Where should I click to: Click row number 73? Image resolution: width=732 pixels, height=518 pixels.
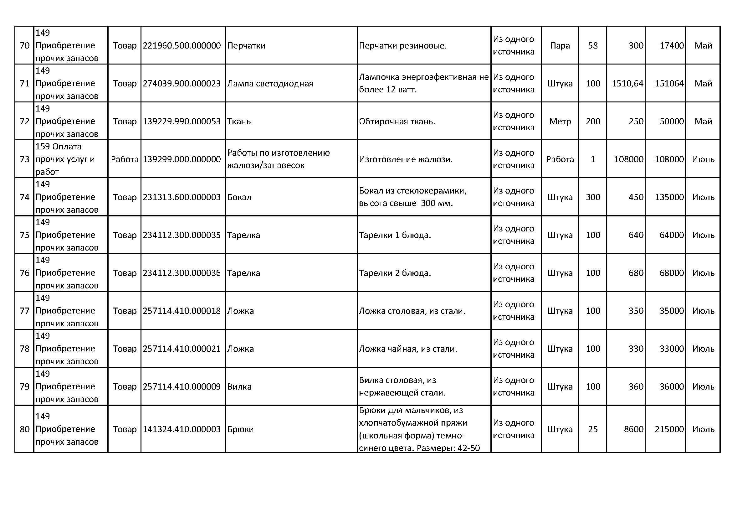[x=24, y=159]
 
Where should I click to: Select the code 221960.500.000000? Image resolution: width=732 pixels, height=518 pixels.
[x=182, y=46]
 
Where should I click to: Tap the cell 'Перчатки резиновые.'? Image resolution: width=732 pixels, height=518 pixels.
[x=403, y=46]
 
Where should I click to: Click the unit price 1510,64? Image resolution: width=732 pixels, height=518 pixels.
[x=627, y=84]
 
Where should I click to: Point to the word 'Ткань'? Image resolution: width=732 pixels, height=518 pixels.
[x=239, y=122]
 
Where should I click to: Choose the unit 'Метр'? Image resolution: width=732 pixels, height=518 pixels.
[x=560, y=122]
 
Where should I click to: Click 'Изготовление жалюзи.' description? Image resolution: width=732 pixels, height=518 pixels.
[x=406, y=159]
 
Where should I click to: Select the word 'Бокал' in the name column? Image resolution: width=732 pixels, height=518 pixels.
[x=239, y=197]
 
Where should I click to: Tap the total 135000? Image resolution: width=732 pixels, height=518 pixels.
[x=669, y=197]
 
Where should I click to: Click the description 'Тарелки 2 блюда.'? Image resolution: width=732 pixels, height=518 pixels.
[x=395, y=273]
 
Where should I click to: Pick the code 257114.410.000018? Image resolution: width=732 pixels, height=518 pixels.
[x=182, y=311]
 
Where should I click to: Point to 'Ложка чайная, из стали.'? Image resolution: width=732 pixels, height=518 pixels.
[x=408, y=349]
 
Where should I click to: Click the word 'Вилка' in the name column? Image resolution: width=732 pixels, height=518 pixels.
[x=239, y=386]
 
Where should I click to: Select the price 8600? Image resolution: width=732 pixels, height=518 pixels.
[x=633, y=429]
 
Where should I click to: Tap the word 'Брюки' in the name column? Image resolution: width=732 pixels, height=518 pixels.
[x=240, y=429]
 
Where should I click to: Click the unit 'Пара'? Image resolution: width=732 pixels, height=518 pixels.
[x=560, y=46]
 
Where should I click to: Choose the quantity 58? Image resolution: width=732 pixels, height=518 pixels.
[x=593, y=46]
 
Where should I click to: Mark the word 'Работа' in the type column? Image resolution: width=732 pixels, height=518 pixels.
[x=125, y=159]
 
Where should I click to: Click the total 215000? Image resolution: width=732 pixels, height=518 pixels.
[x=669, y=429]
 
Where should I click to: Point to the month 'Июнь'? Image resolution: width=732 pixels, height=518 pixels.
[x=703, y=159]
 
